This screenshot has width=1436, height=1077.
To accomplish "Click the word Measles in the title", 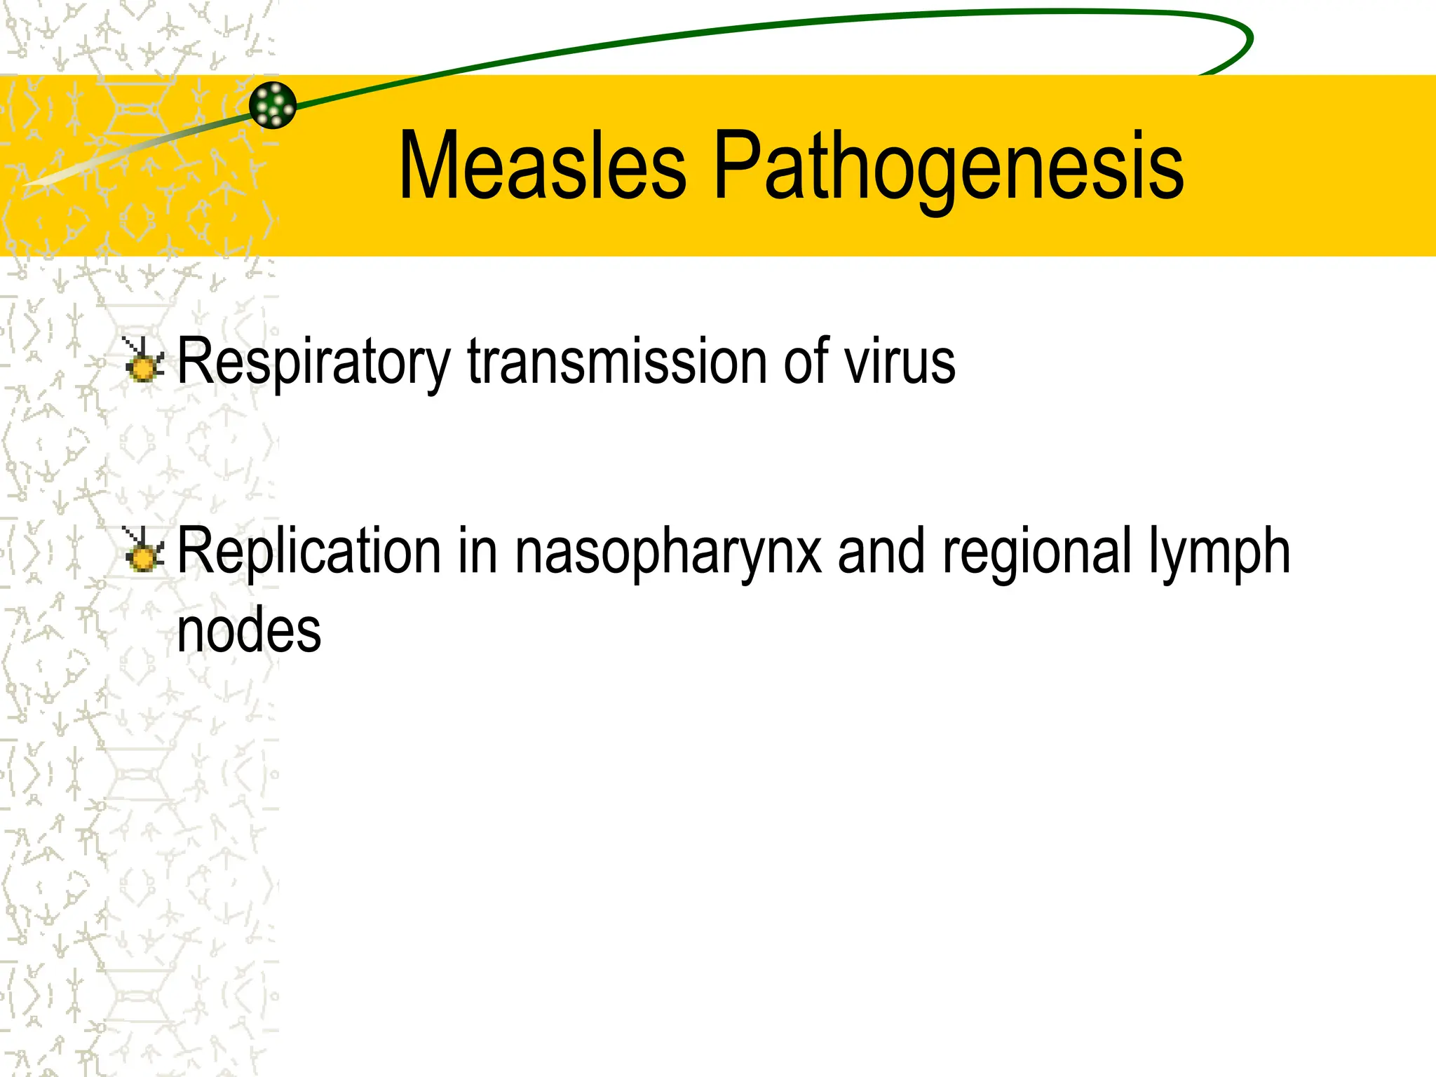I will coord(542,165).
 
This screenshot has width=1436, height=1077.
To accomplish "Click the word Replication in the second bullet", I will coord(309,551).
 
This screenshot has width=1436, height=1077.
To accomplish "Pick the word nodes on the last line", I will coord(249,630).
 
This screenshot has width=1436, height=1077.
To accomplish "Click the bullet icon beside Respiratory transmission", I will coord(144,361).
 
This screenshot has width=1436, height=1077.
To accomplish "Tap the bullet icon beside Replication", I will coord(144,550).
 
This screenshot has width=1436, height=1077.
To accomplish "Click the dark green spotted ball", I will coord(273,105).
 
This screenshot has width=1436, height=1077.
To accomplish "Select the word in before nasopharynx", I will coord(477,551).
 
